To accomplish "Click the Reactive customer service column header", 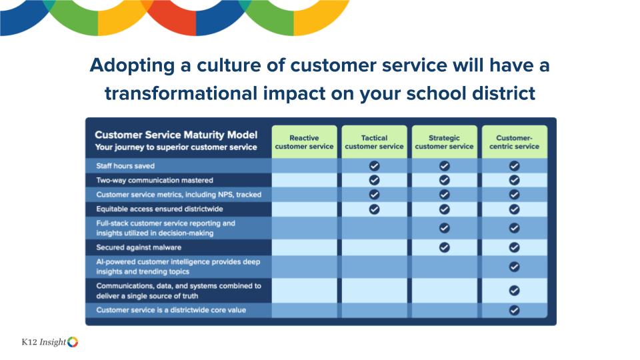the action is [x=304, y=142].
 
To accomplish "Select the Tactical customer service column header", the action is [x=374, y=142].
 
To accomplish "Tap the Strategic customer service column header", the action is [x=444, y=142].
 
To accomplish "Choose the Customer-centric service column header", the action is [x=514, y=142].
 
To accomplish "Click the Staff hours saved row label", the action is [x=125, y=166].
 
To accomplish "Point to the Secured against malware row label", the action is [x=139, y=247].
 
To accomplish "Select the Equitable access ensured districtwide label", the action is [x=159, y=209].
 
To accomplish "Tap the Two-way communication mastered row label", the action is [x=155, y=180].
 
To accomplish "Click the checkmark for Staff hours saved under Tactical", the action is [x=374, y=166].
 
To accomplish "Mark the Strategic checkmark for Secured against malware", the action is [x=445, y=247].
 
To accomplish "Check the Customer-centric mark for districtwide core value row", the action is [x=514, y=310].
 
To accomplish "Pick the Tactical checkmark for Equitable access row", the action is [x=374, y=209].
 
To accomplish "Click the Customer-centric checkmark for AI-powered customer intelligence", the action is [x=514, y=267].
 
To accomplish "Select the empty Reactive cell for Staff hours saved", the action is [x=304, y=166].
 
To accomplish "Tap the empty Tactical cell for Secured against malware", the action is [x=374, y=247].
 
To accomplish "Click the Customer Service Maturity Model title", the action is [x=176, y=135].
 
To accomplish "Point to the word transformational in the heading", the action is [x=181, y=93].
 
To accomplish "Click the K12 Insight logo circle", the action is [x=73, y=342].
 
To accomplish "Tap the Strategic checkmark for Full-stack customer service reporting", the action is [x=445, y=228].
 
